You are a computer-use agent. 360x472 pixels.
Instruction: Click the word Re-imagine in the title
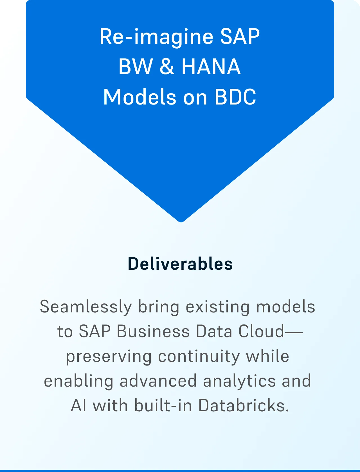156,37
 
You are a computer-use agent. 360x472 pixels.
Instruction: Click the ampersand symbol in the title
167,67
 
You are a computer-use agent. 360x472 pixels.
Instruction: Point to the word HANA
211,67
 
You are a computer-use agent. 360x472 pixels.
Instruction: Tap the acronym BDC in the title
235,97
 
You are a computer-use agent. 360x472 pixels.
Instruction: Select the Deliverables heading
180,264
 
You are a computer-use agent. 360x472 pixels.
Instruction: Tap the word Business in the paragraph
153,331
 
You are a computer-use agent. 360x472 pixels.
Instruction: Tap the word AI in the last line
78,405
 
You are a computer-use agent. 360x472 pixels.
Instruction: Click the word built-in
163,405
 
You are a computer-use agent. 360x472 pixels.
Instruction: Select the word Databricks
244,405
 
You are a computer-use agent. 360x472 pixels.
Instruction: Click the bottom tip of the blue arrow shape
181,222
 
